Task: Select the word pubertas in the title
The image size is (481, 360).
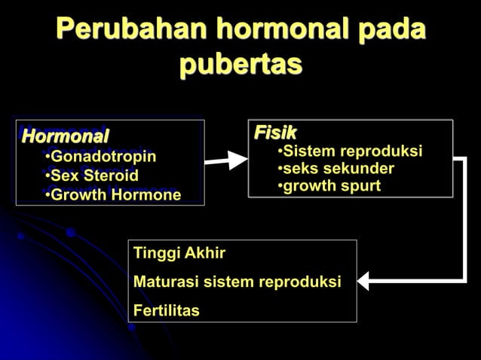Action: click(240, 64)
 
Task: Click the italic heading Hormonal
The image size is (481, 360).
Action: click(66, 137)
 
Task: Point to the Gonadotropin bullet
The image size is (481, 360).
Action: click(100, 157)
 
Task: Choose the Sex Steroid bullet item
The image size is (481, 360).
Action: click(91, 176)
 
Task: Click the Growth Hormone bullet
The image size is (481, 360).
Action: click(112, 196)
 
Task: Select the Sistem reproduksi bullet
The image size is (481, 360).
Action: click(350, 151)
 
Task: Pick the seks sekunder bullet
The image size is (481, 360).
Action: click(335, 169)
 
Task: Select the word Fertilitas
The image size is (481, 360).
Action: click(167, 310)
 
